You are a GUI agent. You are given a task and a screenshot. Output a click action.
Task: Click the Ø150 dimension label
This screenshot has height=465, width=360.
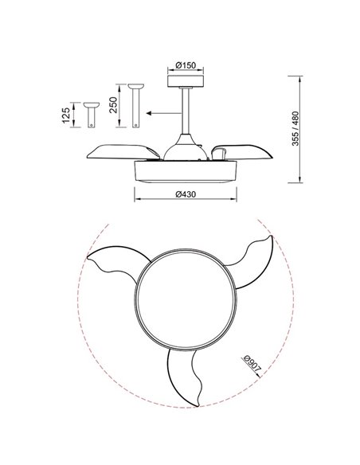coord(186,65)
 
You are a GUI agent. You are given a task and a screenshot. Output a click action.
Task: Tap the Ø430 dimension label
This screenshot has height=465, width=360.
coord(186,194)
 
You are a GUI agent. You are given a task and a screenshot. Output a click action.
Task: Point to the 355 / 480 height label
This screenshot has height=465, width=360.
coord(295,129)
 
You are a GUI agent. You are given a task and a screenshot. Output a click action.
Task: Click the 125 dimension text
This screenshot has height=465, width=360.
coord(66,115)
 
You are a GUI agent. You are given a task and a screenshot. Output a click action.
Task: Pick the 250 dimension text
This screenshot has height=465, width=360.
coord(113,105)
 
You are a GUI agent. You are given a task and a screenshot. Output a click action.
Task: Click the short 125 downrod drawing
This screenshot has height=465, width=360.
coord(92,115)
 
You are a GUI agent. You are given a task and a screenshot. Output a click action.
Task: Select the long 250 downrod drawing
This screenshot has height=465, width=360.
coord(136,106)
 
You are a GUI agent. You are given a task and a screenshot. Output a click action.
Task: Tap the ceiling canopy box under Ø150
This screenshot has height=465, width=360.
coord(186,81)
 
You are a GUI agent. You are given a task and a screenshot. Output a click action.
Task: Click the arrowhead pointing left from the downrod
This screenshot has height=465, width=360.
coord(149,113)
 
